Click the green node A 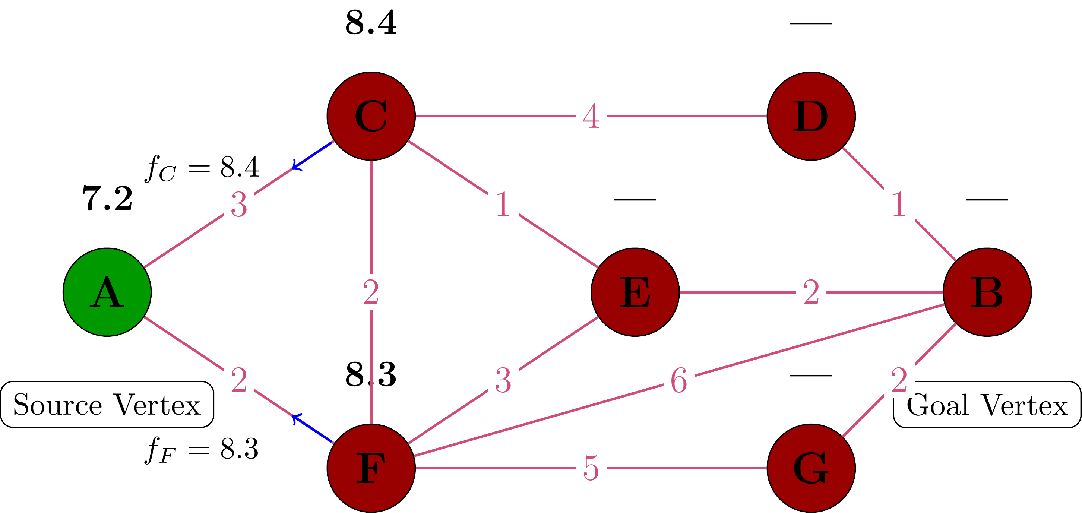coord(107,292)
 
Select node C coord(371,116)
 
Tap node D coord(811,116)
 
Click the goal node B coord(987,292)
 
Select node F coord(371,468)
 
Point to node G coord(811,468)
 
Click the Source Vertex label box coord(107,404)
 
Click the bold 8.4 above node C coord(371,23)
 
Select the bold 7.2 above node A coord(107,198)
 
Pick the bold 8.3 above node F coord(371,374)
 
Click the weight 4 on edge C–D coord(591,116)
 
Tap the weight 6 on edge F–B coord(679,380)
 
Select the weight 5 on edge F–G coord(591,468)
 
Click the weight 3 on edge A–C coord(238,205)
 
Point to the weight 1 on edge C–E coord(503,205)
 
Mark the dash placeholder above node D coord(811,23)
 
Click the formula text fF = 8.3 coord(202,450)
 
